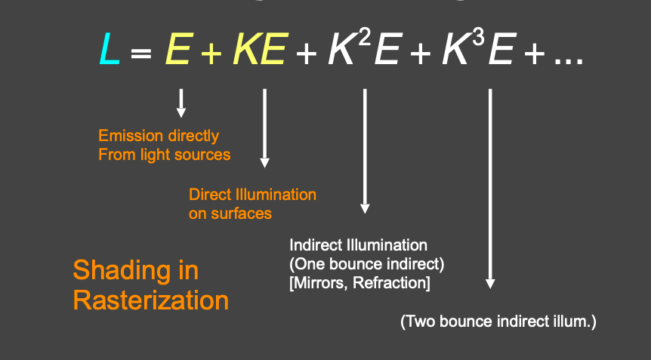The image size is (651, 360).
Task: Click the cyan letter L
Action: coord(110,48)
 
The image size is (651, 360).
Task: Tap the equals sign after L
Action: coord(141,54)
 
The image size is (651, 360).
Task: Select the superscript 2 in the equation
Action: coord(364,38)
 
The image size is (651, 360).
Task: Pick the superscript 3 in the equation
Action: coord(478,38)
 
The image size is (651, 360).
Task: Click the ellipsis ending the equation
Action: coord(569,61)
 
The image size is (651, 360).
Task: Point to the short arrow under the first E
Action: coord(181,103)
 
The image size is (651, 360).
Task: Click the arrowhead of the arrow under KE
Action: coord(264,162)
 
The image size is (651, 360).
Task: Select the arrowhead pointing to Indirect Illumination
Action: coord(365,208)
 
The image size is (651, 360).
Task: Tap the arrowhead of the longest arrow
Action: coord(490,284)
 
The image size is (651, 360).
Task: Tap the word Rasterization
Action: coord(151,300)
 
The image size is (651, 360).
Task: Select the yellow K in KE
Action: coord(245,48)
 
